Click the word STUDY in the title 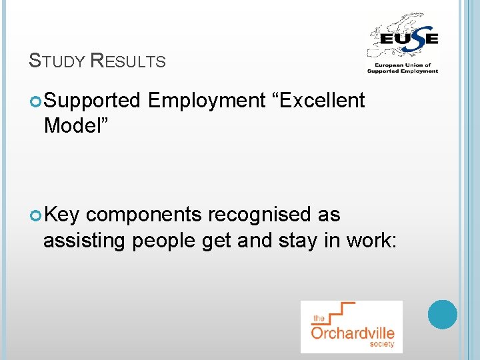[57, 61]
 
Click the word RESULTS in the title [127, 61]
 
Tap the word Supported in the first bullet [92, 101]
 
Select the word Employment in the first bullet [207, 101]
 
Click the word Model [72, 125]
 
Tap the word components [144, 215]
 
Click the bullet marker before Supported [36, 101]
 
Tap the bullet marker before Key [36, 215]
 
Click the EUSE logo [403, 43]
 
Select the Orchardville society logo [351, 326]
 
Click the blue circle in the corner [442, 314]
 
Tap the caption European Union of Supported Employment [403, 68]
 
